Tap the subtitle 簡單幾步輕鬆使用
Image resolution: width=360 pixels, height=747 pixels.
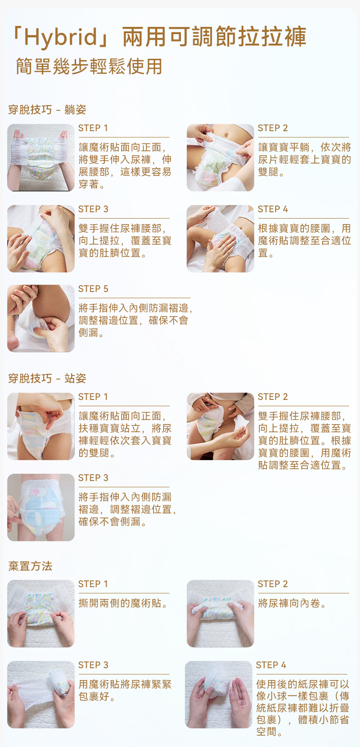(89, 66)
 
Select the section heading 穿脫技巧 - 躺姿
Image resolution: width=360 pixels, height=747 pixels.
(47, 109)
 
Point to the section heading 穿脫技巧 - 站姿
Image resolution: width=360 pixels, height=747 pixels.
(47, 378)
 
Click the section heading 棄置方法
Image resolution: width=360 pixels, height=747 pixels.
(30, 566)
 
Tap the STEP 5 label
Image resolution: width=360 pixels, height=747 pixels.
(93, 289)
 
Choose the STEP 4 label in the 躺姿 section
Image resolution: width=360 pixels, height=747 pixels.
(273, 209)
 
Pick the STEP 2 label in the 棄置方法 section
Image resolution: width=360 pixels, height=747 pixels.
(273, 584)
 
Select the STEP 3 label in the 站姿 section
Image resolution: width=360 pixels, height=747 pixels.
(93, 478)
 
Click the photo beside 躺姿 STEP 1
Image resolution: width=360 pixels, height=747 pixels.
(41, 158)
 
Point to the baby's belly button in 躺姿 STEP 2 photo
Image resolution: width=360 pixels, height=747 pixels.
(228, 135)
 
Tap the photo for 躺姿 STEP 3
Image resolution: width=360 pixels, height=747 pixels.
(41, 239)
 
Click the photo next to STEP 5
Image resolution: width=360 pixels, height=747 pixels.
(41, 318)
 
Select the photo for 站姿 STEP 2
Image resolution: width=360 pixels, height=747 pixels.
(221, 426)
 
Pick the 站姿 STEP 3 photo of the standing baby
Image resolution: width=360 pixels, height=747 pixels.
(41, 507)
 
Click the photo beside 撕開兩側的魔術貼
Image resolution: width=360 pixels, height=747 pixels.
(41, 614)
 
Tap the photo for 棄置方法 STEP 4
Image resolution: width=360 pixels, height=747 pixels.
(219, 695)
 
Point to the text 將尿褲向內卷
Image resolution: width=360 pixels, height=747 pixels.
(292, 603)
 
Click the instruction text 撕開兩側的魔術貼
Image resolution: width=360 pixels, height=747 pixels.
(123, 603)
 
